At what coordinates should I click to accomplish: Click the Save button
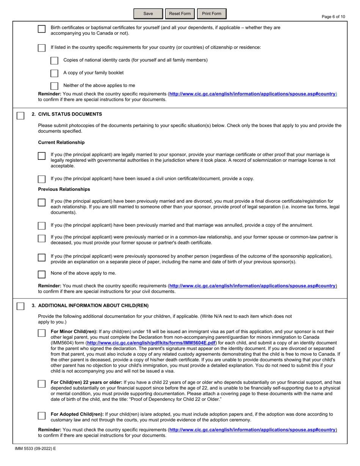click(x=148, y=14)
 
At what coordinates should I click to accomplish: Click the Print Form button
click(x=211, y=14)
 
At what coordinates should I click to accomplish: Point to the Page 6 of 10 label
click(x=333, y=17)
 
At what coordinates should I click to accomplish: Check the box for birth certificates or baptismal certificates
click(x=42, y=29)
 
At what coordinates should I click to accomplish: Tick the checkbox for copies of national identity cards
click(x=54, y=61)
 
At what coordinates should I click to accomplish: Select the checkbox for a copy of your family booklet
click(x=54, y=73)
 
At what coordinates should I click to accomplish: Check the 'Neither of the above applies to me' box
click(x=54, y=86)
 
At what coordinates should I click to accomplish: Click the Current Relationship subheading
click(x=61, y=142)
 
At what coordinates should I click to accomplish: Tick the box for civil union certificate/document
click(x=42, y=179)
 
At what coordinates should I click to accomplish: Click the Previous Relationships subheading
click(x=64, y=189)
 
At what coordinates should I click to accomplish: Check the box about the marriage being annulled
click(x=42, y=225)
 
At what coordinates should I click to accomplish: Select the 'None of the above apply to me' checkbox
click(x=42, y=274)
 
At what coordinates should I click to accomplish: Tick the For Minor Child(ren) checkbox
click(x=42, y=333)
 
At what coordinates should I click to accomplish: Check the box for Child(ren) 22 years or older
click(x=42, y=384)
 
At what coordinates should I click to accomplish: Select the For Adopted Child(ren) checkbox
click(x=42, y=416)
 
